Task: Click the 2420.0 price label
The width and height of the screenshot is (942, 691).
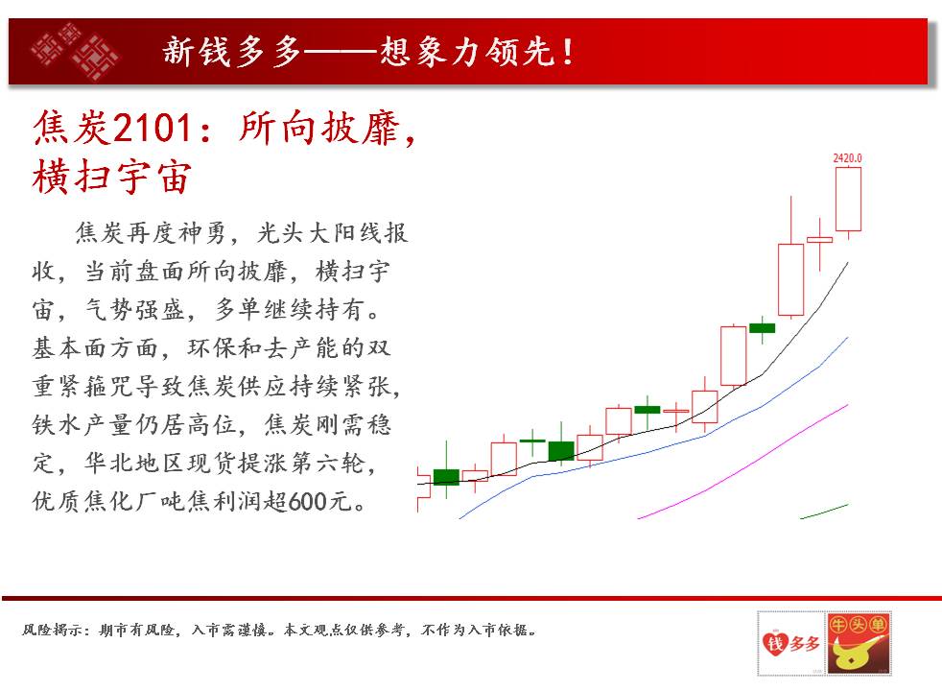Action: pyautogui.click(x=847, y=158)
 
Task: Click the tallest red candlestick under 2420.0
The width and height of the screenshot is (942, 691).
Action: pyautogui.click(x=790, y=279)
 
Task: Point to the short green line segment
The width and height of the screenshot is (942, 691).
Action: pyautogui.click(x=824, y=512)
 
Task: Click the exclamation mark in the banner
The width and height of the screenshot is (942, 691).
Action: pyautogui.click(x=567, y=52)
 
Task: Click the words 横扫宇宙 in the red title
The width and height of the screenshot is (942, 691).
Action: pyautogui.click(x=112, y=177)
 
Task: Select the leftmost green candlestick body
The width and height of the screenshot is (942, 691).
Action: pyautogui.click(x=446, y=477)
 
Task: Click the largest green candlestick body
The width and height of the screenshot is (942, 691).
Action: pyautogui.click(x=561, y=451)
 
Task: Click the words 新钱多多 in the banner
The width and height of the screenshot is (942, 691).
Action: pyautogui.click(x=231, y=51)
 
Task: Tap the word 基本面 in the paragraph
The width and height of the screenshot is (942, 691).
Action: pyautogui.click(x=71, y=348)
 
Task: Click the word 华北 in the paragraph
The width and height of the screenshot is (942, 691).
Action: pyautogui.click(x=109, y=464)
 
